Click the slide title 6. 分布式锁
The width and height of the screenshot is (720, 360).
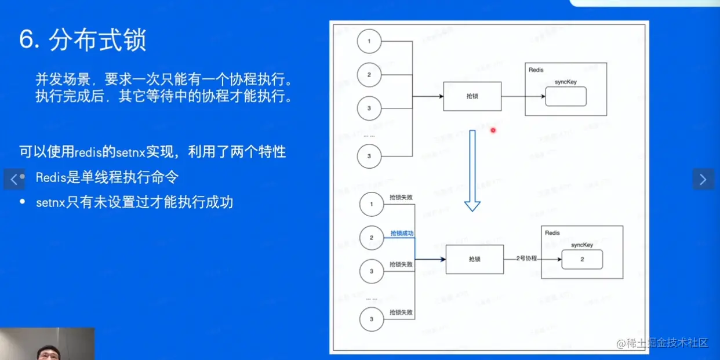(82, 41)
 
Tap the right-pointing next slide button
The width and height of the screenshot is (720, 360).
(703, 179)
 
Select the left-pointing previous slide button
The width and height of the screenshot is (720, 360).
(14, 179)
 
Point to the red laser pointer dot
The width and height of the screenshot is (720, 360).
(493, 130)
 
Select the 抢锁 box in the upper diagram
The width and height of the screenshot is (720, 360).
(472, 96)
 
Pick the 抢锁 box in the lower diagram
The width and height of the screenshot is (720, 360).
(474, 259)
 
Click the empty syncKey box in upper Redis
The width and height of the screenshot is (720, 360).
(566, 97)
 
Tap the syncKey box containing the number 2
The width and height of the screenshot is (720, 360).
(582, 260)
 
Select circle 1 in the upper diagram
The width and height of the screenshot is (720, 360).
(369, 42)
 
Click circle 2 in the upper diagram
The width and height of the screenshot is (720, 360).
(369, 75)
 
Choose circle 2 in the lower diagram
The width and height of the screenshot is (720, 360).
(372, 238)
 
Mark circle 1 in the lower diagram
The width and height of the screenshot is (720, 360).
(372, 205)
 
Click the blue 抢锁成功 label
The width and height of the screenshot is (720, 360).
(402, 234)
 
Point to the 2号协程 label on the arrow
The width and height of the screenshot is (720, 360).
(526, 259)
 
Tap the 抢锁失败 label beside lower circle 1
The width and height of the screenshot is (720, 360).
(401, 198)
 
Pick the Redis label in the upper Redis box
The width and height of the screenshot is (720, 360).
(536, 70)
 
